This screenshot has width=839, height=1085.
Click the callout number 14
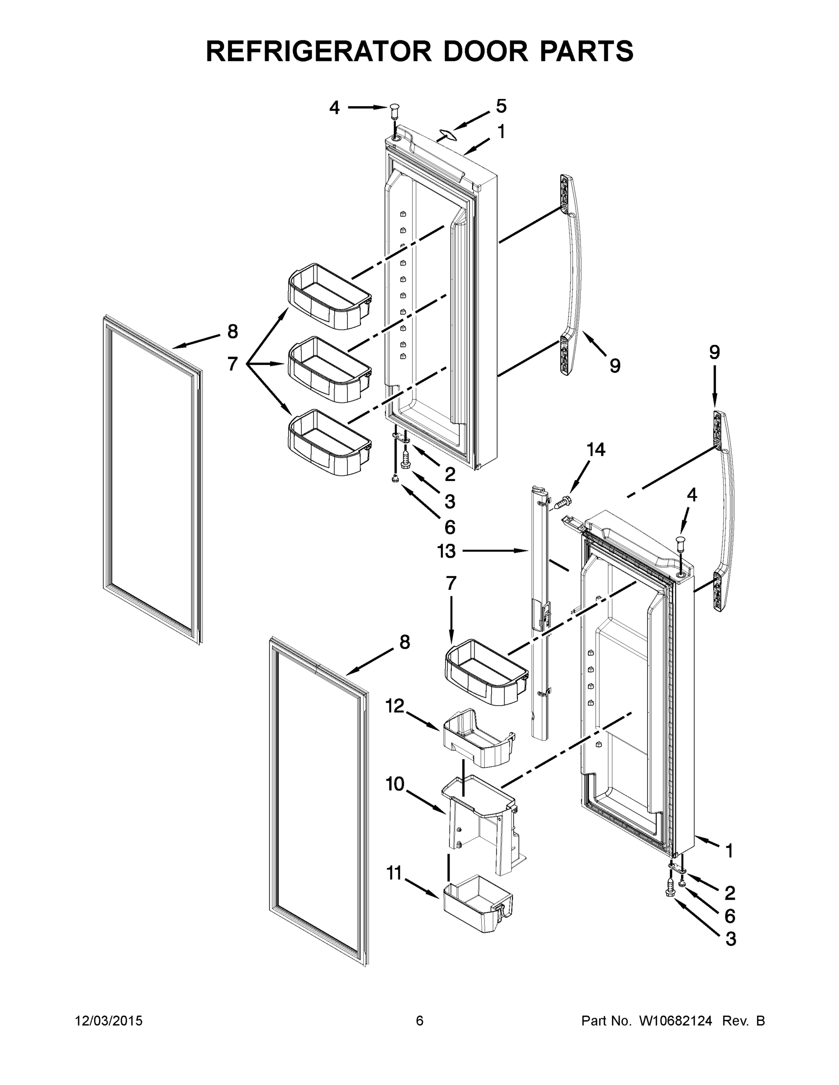point(596,450)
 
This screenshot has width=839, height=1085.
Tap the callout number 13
point(446,551)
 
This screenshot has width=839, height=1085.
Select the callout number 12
point(395,706)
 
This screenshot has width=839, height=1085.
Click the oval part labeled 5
point(447,133)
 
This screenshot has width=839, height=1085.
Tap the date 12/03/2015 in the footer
point(109,1021)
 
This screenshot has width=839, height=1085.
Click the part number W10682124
point(675,1021)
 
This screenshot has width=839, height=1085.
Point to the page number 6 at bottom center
point(420,1021)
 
